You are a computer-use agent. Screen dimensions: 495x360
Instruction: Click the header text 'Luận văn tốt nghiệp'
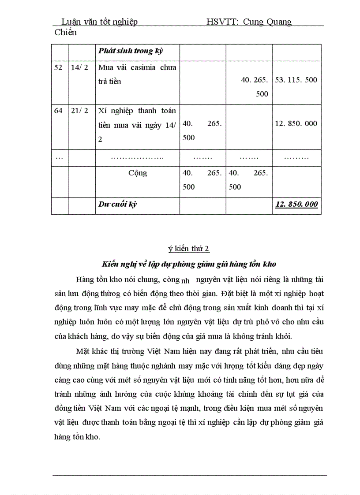[99, 22]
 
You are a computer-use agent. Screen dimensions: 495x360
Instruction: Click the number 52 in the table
[58, 67]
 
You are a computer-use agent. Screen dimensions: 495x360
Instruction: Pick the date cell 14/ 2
[79, 67]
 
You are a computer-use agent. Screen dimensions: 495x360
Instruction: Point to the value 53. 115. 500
[296, 80]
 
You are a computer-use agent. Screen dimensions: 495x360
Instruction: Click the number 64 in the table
[58, 111]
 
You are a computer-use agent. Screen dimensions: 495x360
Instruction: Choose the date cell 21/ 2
[79, 111]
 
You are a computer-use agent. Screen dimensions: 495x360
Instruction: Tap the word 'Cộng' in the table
[138, 173]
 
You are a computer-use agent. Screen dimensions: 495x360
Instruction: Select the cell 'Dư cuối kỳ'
[118, 204]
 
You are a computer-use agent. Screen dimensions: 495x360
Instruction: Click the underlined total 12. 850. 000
[296, 204]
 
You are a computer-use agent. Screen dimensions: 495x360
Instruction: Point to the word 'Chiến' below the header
[65, 32]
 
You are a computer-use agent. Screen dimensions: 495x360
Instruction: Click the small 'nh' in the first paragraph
[185, 280]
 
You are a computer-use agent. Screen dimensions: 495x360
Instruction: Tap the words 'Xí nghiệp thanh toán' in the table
[137, 111]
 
